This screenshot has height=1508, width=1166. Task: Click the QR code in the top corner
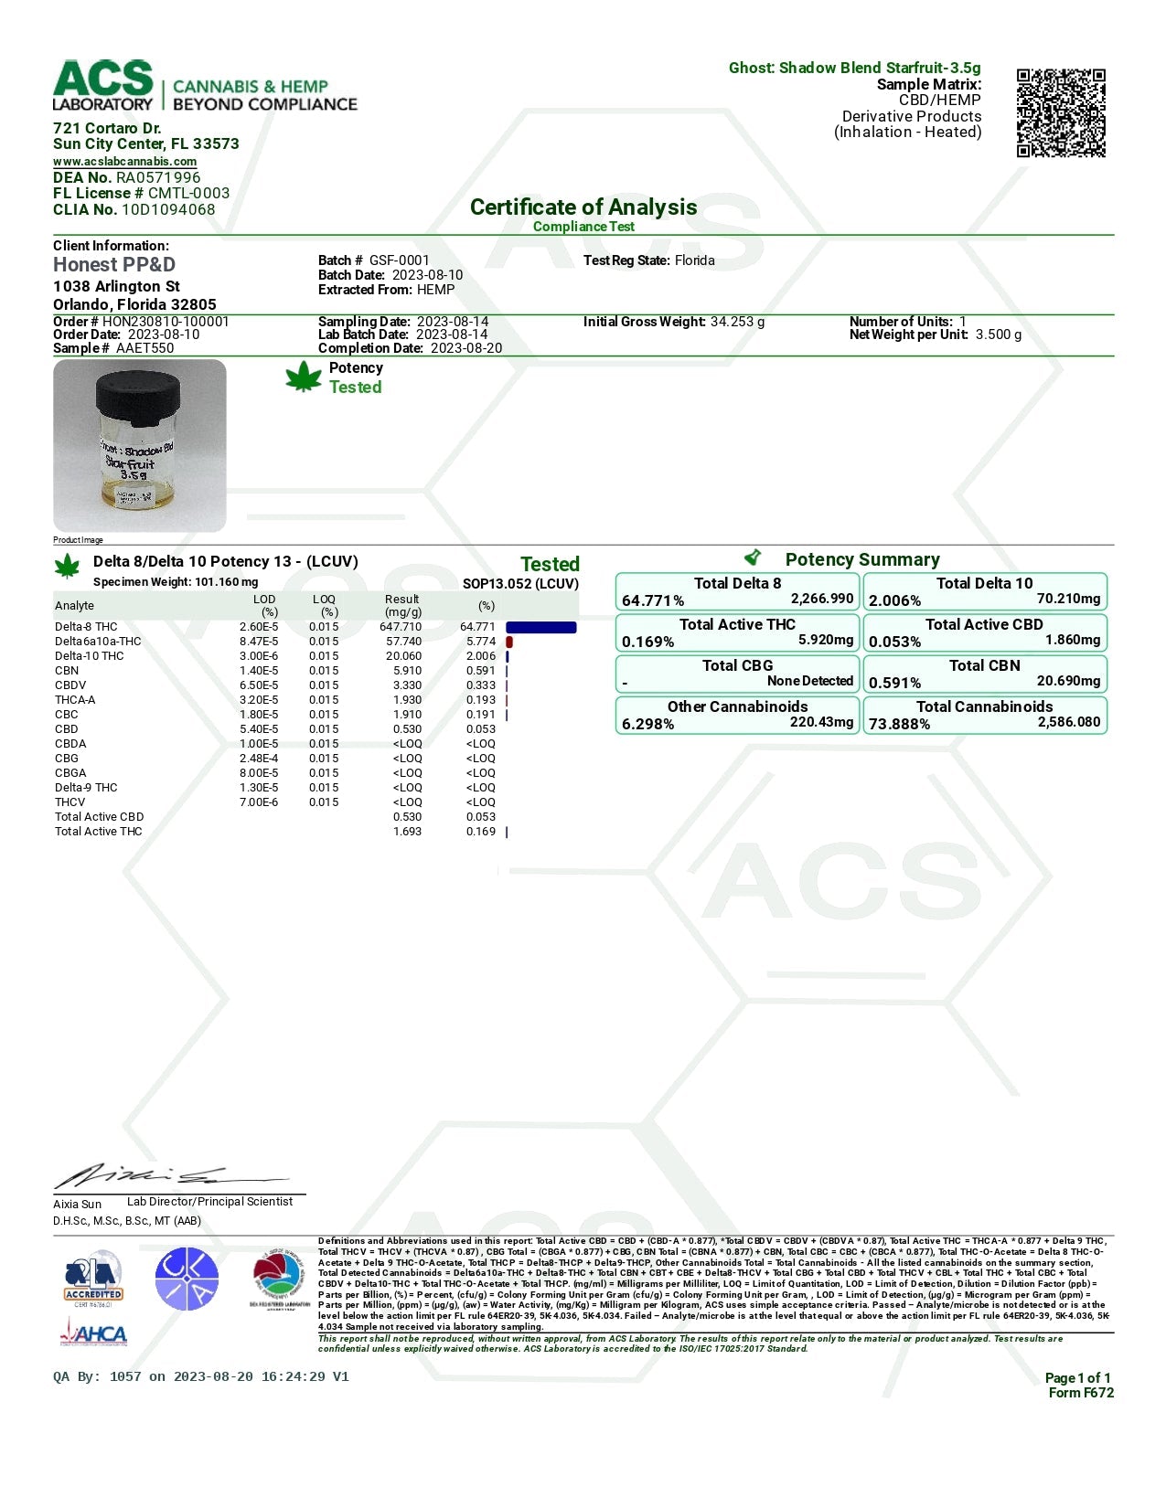(x=1061, y=112)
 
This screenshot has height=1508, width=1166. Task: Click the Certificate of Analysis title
(x=583, y=207)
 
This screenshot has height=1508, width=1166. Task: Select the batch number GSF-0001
(x=399, y=260)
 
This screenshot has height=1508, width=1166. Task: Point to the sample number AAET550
(x=144, y=348)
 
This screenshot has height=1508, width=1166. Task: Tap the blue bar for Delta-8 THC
(x=540, y=628)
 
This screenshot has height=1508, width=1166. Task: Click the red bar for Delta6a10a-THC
(x=509, y=642)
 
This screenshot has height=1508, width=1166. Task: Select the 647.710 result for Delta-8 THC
(x=401, y=627)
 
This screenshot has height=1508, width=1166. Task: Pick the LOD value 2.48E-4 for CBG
(x=259, y=759)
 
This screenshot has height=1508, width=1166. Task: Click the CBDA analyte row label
(x=70, y=744)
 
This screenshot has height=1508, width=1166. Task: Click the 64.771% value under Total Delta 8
(x=653, y=600)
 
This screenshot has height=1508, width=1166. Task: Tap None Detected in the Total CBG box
(x=809, y=681)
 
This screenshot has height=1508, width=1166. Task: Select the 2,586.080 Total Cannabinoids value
(x=1068, y=722)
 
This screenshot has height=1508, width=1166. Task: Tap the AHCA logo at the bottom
(x=93, y=1334)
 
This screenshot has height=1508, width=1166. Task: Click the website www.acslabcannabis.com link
(x=124, y=162)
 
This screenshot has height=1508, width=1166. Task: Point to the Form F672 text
(x=1081, y=1393)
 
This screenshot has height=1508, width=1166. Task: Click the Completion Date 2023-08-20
(x=466, y=348)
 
